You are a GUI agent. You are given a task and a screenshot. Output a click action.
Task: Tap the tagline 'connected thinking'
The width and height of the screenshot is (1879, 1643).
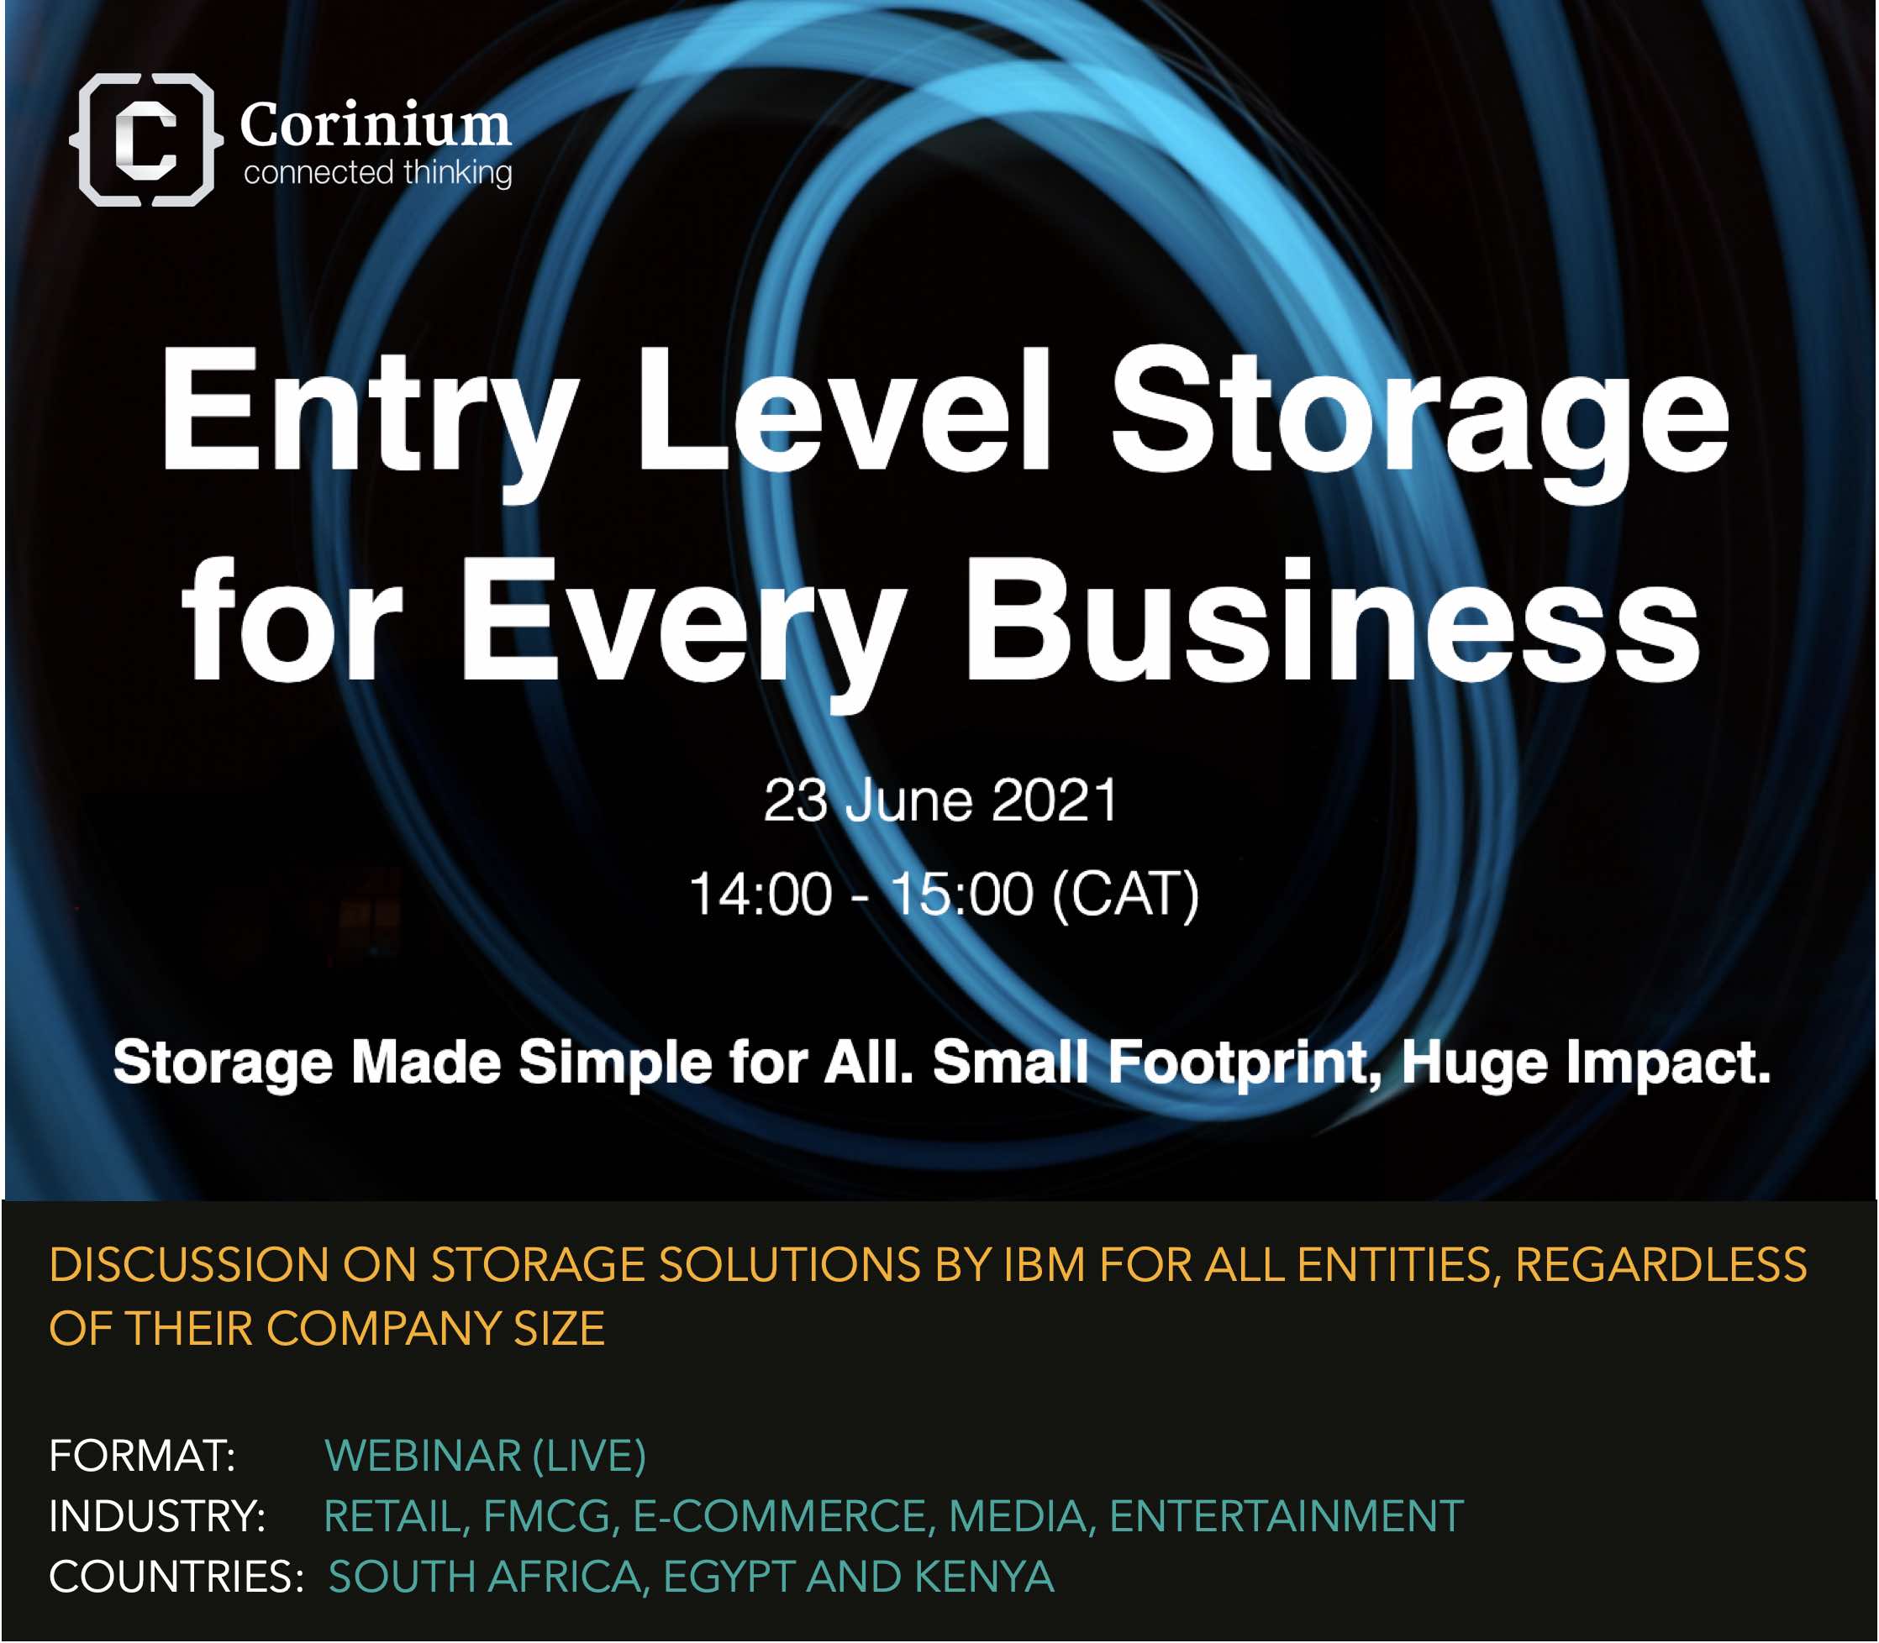click(x=378, y=172)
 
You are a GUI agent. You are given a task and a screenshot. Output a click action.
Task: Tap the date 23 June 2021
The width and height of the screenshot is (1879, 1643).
click(x=941, y=801)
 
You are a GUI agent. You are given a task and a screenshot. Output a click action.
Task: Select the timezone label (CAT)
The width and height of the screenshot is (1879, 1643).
click(x=1126, y=895)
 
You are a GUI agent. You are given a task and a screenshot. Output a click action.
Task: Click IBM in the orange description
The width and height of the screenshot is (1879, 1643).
click(x=1046, y=1265)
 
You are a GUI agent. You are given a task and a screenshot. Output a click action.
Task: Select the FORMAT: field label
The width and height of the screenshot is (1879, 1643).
click(x=142, y=1455)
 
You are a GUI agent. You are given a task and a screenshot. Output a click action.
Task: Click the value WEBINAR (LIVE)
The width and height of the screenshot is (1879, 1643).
click(x=485, y=1456)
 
